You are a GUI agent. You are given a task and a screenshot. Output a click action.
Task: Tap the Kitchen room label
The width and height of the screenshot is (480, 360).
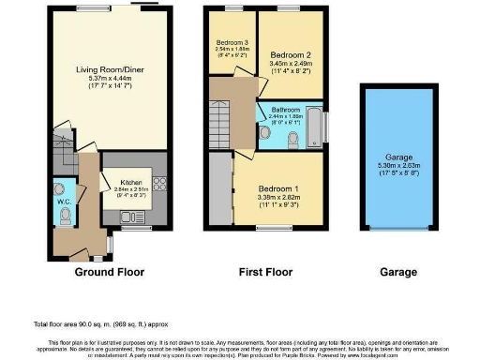(130, 183)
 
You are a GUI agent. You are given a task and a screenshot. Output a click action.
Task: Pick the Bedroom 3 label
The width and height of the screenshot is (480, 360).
(232, 43)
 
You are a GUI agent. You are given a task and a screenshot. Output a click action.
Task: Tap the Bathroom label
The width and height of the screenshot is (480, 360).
(286, 111)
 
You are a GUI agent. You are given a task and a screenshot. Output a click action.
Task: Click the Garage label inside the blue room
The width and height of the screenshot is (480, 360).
(399, 157)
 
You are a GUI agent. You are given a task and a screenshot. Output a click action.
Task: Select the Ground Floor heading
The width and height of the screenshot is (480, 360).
(112, 272)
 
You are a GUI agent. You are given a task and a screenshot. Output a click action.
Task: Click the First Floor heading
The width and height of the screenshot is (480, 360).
(266, 272)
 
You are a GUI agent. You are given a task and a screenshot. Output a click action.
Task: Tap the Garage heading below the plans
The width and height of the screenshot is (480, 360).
(399, 272)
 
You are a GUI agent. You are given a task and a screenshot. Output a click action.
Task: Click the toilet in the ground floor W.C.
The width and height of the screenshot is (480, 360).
(65, 217)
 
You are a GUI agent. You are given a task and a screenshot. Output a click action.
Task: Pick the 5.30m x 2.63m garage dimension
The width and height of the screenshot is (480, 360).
(399, 167)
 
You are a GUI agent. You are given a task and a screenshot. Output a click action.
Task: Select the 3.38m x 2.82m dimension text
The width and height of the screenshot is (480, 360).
(277, 198)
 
